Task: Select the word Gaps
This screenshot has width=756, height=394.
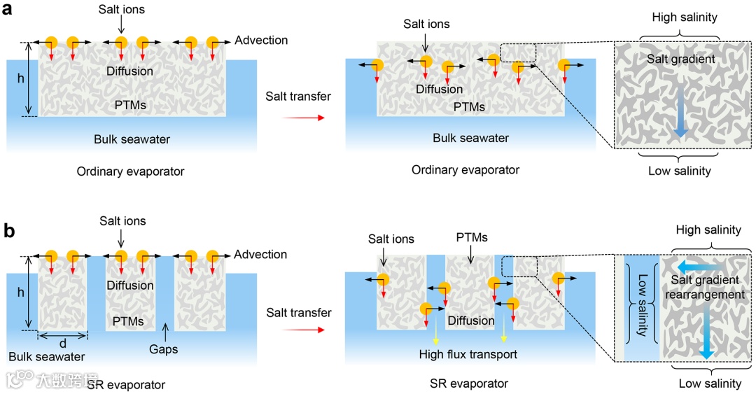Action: tap(164, 349)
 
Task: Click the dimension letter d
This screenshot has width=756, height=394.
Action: tap(63, 344)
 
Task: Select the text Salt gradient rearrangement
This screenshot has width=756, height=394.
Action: tap(705, 287)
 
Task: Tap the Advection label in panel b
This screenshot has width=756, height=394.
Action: tap(261, 255)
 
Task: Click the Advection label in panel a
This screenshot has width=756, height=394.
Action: tap(261, 40)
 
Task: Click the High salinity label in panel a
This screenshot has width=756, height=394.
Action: tap(683, 17)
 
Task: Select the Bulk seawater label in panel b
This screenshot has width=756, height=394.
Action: tap(47, 357)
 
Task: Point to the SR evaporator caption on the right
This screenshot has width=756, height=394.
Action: tap(469, 384)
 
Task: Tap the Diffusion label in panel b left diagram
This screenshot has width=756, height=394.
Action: tap(130, 286)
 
